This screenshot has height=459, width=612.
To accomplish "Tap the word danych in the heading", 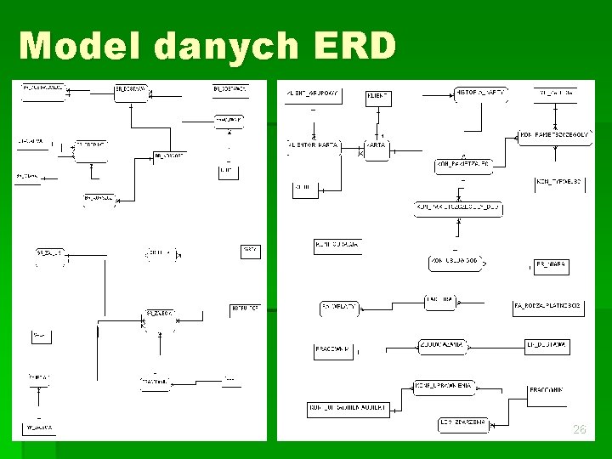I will [x=225, y=46].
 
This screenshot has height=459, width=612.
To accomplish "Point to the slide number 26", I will [x=579, y=430].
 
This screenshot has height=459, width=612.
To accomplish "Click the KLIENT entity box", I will [x=378, y=97].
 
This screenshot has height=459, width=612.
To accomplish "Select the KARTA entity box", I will [x=377, y=145].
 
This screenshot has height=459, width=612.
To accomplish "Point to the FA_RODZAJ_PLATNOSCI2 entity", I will [x=547, y=305].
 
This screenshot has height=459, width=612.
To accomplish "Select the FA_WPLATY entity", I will [x=338, y=305].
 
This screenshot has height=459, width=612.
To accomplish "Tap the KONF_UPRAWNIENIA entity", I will [x=443, y=386].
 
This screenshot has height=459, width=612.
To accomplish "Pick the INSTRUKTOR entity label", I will [x=245, y=308].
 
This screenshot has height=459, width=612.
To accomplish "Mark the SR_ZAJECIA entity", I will [x=160, y=314].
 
